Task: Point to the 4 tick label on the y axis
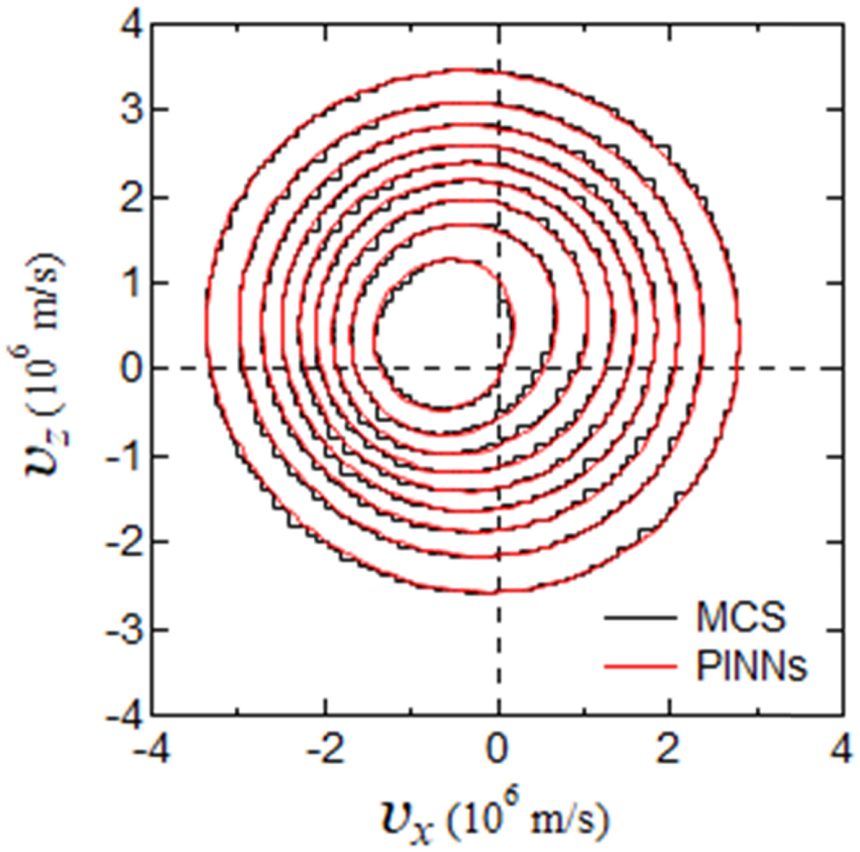[x=129, y=23]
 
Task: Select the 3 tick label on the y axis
[x=129, y=110]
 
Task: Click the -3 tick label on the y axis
[x=120, y=629]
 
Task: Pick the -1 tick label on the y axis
[x=120, y=456]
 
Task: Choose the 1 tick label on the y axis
[x=129, y=283]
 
